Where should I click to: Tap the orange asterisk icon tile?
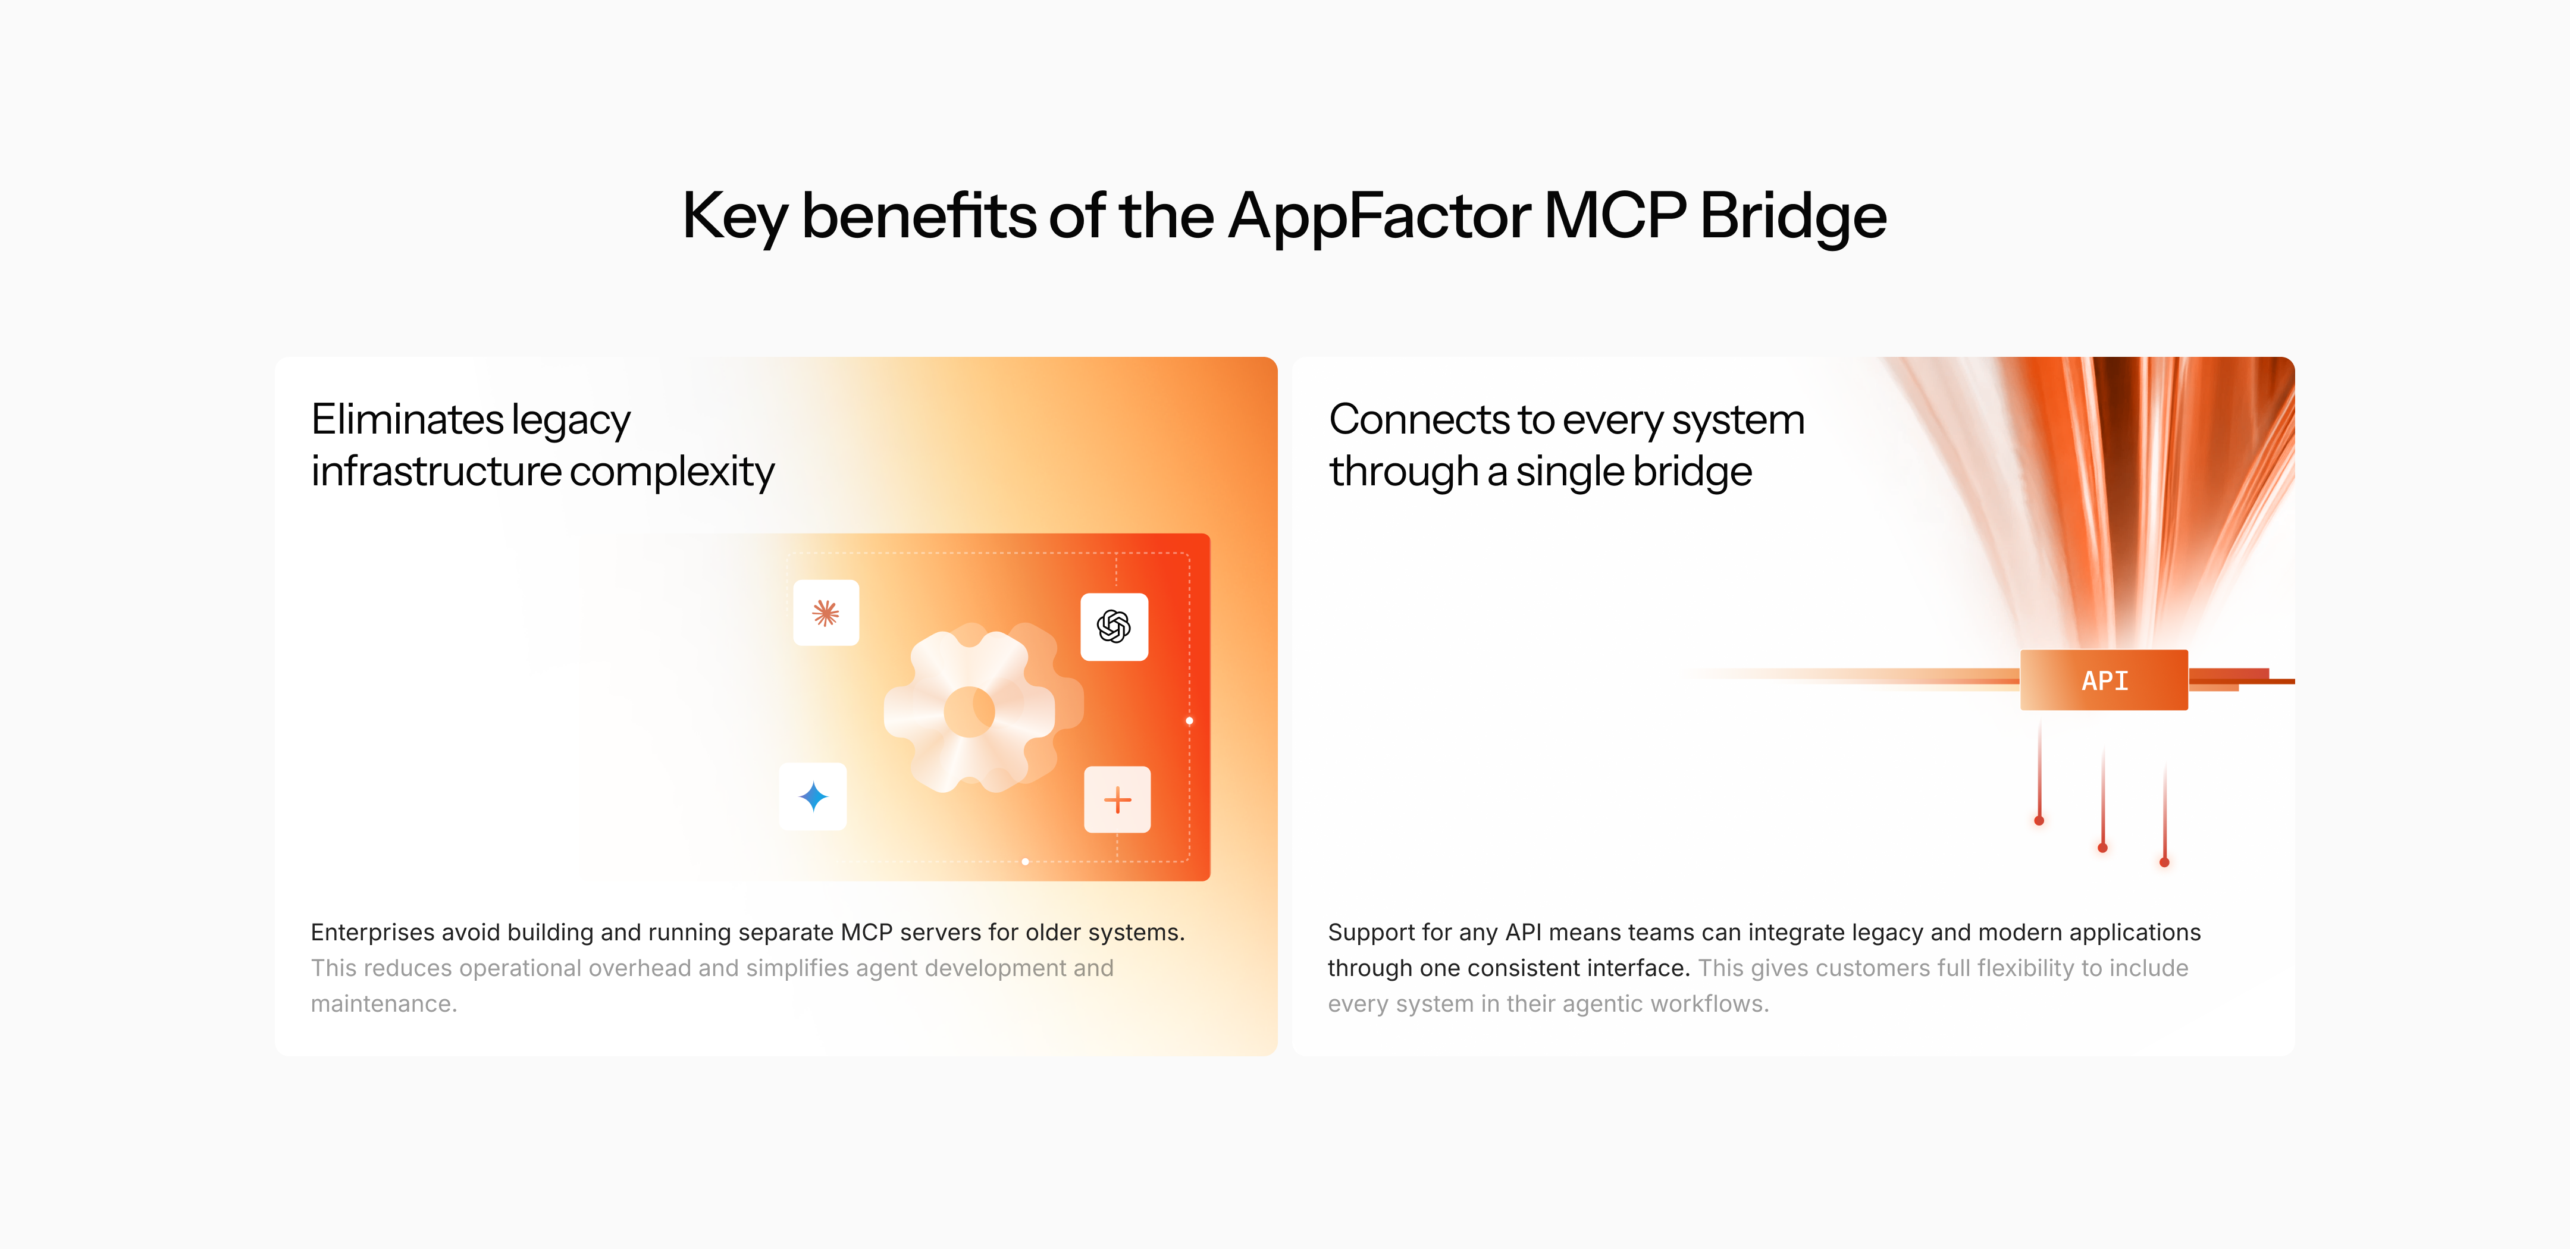tap(825, 613)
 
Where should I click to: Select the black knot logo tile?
tap(1114, 626)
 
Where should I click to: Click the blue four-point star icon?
tap(813, 796)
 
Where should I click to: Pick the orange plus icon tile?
tap(1117, 799)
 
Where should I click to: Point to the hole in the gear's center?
tap(968, 711)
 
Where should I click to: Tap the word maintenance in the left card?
tap(382, 1003)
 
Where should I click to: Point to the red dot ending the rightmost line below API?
tap(2164, 862)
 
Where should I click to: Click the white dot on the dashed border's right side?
tap(1189, 720)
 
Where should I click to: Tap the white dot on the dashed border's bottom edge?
tap(1024, 861)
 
